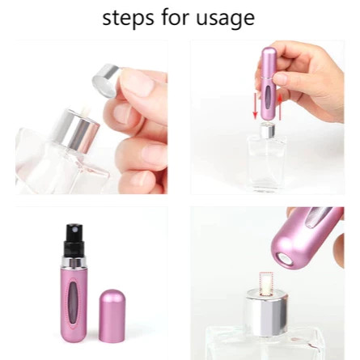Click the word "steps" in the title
click(128, 18)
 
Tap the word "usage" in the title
click(225, 19)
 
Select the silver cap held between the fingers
click(106, 80)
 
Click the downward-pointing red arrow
click(255, 107)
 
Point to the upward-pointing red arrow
click(280, 107)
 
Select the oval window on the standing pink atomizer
click(74, 300)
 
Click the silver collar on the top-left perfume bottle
click(76, 131)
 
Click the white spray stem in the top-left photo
click(85, 112)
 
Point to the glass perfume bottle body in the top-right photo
click(267, 163)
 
